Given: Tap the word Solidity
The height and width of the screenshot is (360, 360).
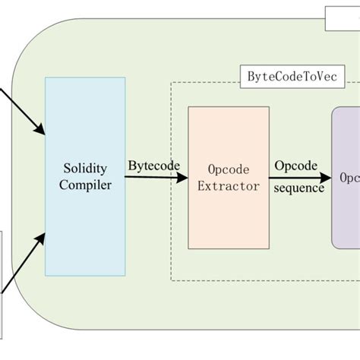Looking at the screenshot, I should click(x=85, y=169).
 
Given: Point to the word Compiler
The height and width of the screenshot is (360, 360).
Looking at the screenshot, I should click(x=85, y=185).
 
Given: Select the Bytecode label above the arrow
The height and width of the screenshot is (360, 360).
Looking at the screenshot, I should click(x=153, y=165).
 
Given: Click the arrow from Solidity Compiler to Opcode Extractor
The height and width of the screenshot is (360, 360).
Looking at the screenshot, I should click(x=156, y=178).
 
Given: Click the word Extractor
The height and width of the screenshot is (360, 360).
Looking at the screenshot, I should click(x=229, y=185).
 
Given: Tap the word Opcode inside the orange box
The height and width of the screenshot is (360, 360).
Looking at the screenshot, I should click(x=229, y=169).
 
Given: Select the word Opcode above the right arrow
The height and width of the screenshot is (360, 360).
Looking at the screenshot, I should click(x=295, y=165).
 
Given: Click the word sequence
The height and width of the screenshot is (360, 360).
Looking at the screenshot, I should click(x=299, y=188).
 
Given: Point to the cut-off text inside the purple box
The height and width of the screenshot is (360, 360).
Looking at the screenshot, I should click(x=350, y=178).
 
